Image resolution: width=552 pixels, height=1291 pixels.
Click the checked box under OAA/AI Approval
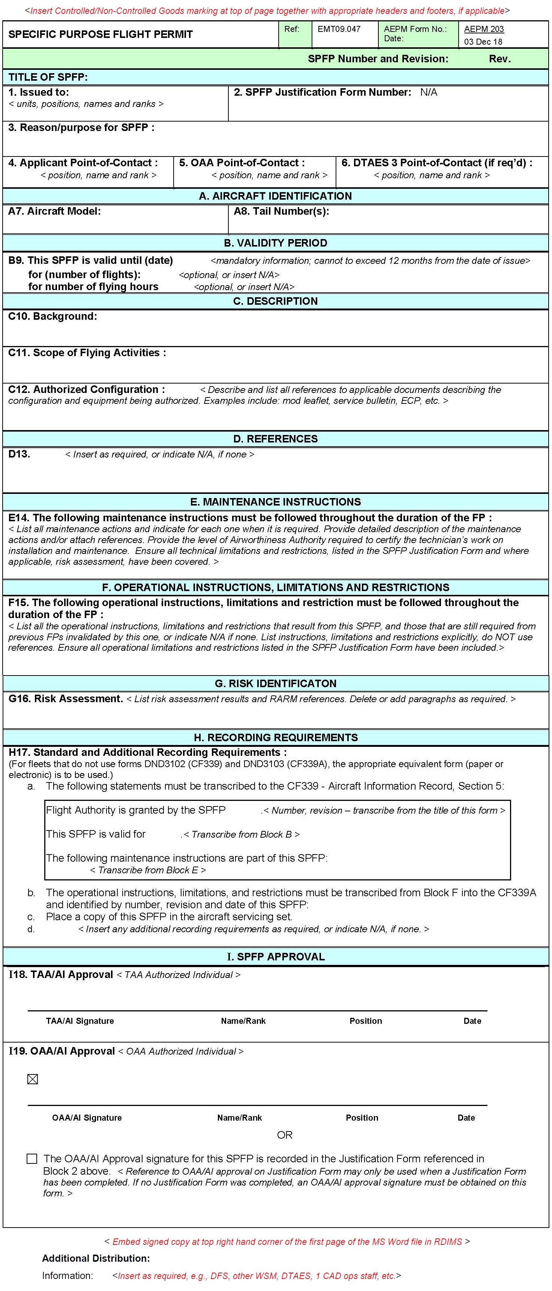[x=33, y=1079]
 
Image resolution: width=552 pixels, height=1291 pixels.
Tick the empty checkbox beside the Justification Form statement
[x=32, y=1158]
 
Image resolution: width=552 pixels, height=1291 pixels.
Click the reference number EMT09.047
[x=339, y=29]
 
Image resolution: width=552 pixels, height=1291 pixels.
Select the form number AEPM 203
[x=483, y=29]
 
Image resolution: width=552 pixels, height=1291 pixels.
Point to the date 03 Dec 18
[x=483, y=42]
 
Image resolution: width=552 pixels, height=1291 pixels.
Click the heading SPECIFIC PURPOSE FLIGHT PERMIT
[x=100, y=35]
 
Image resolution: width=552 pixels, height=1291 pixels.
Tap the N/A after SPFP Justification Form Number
[x=429, y=92]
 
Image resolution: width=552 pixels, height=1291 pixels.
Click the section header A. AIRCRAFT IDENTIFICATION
[x=276, y=196]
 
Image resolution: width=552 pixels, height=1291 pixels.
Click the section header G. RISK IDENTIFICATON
[x=276, y=683]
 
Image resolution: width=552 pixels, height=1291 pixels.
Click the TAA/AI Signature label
[x=80, y=1021]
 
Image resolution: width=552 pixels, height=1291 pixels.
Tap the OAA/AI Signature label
[x=87, y=1118]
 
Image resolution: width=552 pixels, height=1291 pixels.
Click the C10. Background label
[x=52, y=316]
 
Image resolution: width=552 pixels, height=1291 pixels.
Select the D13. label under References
[x=19, y=454]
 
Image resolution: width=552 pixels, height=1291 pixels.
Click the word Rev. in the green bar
[x=499, y=59]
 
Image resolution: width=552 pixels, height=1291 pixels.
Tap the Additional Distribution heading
[x=96, y=1258]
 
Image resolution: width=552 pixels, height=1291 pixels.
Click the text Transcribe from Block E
[x=148, y=870]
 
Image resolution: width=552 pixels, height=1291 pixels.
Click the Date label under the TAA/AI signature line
[x=472, y=1021]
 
